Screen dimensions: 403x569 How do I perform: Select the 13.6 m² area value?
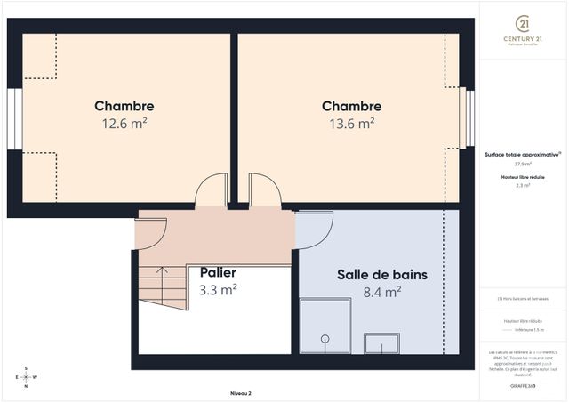click(x=352, y=124)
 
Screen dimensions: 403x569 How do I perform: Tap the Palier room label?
click(x=218, y=272)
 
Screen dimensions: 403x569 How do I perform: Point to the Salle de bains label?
click(x=381, y=275)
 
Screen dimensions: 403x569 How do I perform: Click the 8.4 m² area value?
click(x=381, y=291)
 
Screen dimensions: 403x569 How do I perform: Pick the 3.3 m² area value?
click(x=218, y=289)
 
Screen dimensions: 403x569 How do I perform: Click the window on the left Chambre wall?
click(x=13, y=119)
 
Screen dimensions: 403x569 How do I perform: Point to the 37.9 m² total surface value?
click(x=523, y=164)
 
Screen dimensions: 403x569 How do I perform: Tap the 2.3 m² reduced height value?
click(x=523, y=186)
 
